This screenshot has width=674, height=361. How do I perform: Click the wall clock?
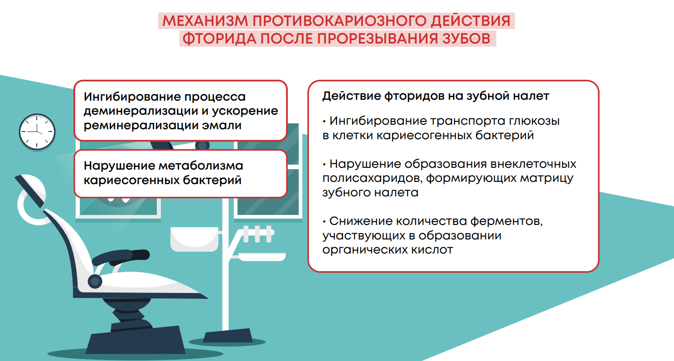37,132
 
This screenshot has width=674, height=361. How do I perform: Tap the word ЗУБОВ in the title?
466,39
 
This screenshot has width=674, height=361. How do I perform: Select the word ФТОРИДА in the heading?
219,39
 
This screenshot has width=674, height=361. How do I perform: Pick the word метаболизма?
201,166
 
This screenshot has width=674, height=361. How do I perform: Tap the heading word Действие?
351,96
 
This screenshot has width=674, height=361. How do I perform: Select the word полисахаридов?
373,179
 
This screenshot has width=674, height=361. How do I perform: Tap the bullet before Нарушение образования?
325,165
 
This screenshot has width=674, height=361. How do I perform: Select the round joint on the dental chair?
95,282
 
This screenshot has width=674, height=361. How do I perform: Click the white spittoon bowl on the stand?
194,239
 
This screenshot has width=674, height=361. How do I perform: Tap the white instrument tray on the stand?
262,257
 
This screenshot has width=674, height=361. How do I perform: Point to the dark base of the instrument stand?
228,336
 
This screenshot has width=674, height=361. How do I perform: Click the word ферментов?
506,222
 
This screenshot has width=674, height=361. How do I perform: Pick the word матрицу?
547,179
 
